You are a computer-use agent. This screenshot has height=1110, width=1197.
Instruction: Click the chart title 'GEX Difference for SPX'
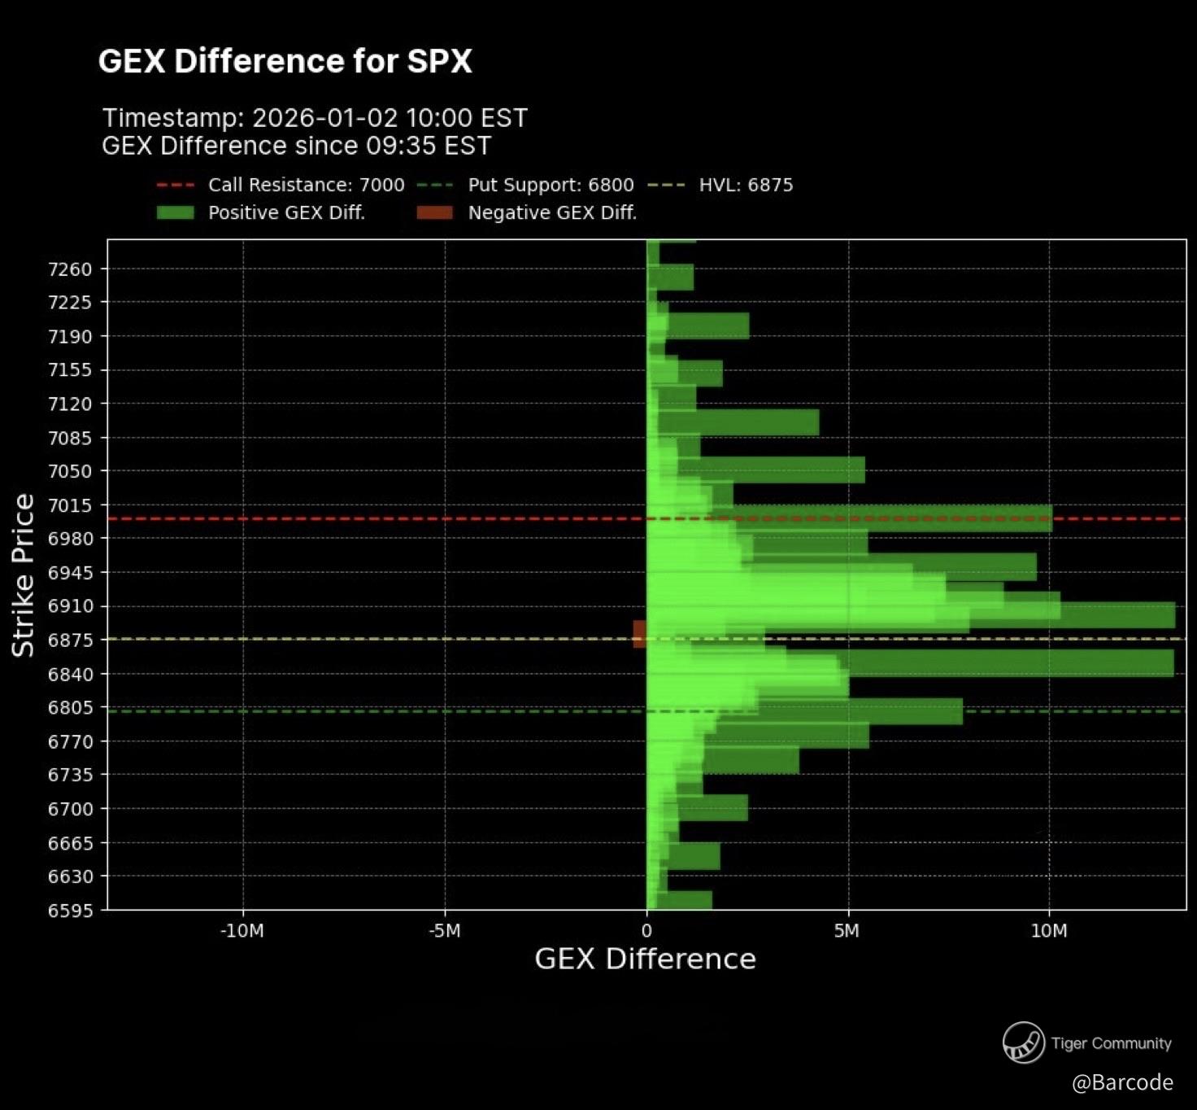(x=285, y=62)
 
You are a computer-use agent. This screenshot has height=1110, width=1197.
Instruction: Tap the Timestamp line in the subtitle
(x=315, y=118)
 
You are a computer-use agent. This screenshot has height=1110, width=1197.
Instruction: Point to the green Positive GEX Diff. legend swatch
(x=175, y=213)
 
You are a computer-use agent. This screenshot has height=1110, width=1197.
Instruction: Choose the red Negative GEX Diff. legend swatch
(x=434, y=213)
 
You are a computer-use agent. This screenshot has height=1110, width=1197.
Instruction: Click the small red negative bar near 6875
(x=639, y=634)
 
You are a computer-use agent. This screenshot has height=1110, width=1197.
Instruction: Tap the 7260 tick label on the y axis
(x=70, y=269)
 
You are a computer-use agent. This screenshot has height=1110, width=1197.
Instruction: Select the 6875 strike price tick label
(x=70, y=640)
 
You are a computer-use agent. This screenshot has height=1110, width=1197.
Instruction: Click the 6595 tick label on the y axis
(x=70, y=911)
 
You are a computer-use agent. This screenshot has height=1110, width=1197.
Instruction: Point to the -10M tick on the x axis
(x=242, y=931)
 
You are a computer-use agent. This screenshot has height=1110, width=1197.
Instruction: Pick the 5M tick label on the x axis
(x=847, y=931)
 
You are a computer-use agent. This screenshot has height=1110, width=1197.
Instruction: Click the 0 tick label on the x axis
(x=646, y=931)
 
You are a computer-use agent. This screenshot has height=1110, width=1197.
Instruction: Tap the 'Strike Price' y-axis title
(x=23, y=575)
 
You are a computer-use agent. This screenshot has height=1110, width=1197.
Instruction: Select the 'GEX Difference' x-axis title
(x=646, y=959)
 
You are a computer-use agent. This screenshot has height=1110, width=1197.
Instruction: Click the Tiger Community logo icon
(x=1023, y=1042)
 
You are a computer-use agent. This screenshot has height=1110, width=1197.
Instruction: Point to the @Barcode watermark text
(x=1122, y=1082)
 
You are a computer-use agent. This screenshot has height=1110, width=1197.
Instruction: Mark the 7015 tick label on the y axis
(x=70, y=505)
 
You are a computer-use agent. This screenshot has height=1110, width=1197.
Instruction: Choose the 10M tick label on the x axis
(x=1049, y=931)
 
